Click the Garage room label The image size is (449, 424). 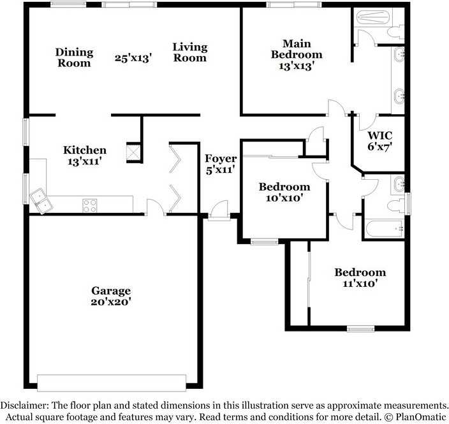(x=111, y=291)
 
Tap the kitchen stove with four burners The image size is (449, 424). (x=90, y=206)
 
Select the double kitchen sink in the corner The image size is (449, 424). (x=41, y=201)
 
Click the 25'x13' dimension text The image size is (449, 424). (x=133, y=58)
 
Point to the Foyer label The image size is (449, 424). (x=221, y=158)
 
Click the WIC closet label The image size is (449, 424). (x=379, y=135)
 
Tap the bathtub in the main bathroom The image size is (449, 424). (x=373, y=17)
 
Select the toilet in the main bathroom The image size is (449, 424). (x=395, y=31)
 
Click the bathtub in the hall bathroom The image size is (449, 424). (x=384, y=228)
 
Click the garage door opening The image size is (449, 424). (x=112, y=383)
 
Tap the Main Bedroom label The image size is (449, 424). (x=297, y=49)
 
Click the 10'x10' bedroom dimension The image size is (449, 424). (x=284, y=198)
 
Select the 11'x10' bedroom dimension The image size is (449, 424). (x=360, y=284)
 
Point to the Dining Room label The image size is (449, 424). (x=74, y=57)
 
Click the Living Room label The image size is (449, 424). (x=190, y=52)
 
